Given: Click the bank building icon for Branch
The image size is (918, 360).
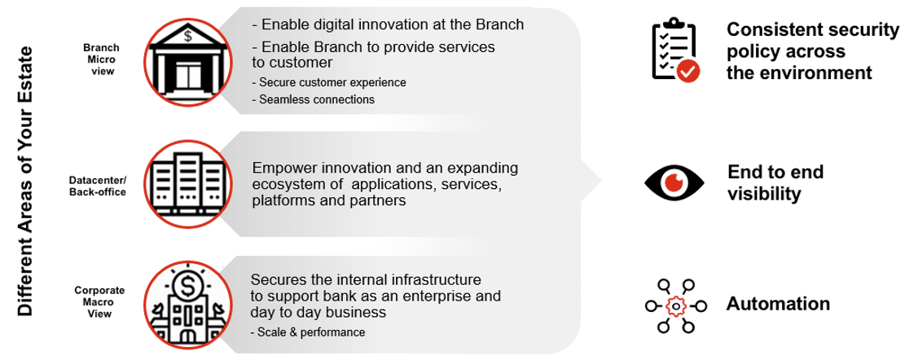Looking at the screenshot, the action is (187, 59).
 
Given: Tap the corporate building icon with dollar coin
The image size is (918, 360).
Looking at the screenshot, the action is (187, 305).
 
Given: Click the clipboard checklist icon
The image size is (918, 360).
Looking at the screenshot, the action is (675, 49).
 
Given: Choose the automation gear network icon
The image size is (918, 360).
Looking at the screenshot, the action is (675, 305).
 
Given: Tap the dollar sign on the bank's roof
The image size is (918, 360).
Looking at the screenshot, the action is (187, 37).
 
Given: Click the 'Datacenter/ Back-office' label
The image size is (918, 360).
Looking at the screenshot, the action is (97, 186).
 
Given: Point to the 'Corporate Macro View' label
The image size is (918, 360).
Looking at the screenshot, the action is (99, 302).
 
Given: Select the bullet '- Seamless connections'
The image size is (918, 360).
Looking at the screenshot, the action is (314, 99).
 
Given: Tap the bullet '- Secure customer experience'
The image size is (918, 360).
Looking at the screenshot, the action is (329, 82).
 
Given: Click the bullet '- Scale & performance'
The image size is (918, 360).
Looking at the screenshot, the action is (308, 332).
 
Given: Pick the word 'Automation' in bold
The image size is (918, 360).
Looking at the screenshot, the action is (778, 304).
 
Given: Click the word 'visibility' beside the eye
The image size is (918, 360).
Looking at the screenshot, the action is (764, 194).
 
